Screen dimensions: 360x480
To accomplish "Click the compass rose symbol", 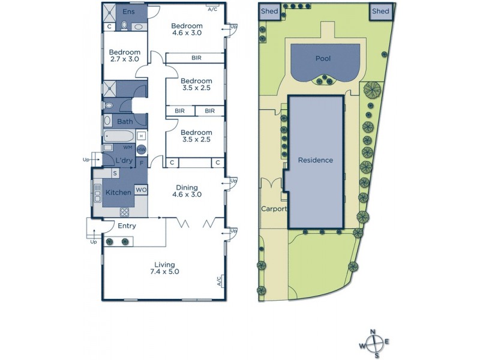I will (376, 343).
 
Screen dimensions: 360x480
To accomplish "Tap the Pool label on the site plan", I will (323, 59).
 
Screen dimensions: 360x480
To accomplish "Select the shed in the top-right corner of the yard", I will (380, 12).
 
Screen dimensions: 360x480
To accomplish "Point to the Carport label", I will (274, 209).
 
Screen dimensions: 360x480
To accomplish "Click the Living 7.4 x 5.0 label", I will (164, 268).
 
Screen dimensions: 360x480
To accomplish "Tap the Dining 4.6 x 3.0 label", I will (186, 191).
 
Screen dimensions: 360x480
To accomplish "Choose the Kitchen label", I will (118, 193).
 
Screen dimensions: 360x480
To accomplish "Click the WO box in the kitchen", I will (141, 190).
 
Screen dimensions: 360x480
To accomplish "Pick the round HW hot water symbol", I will (142, 149).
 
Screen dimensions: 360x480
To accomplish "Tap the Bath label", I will (125, 122).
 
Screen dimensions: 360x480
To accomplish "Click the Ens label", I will (128, 11).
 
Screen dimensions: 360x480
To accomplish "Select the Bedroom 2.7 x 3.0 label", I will (125, 56).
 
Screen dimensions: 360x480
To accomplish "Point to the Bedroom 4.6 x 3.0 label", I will (187, 29).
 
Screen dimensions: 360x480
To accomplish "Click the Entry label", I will (127, 226).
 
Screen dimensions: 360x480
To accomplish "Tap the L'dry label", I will (124, 161).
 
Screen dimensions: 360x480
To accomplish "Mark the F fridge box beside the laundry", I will (142, 162).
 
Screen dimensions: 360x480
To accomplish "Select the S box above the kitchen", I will (115, 173).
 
